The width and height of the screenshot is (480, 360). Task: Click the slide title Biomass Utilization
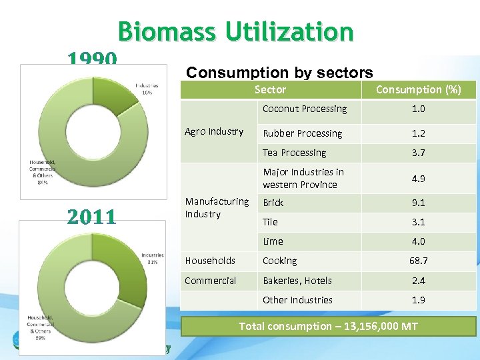(235, 31)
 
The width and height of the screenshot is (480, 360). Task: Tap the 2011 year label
(92, 216)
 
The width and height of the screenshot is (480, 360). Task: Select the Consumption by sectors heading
(279, 72)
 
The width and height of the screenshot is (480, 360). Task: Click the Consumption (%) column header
(418, 89)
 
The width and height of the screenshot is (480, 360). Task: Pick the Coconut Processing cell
(305, 109)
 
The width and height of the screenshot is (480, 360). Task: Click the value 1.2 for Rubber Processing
(418, 133)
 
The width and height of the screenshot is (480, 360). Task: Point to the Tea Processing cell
(294, 153)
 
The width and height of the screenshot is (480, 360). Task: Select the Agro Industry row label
(213, 131)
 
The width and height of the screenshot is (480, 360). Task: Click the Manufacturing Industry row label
(217, 207)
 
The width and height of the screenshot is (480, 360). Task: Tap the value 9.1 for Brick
(418, 203)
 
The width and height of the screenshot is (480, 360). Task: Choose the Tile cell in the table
(270, 222)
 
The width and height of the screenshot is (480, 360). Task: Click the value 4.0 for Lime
(418, 241)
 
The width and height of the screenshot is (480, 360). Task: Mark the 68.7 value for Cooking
(418, 261)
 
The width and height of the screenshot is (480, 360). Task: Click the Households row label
(210, 261)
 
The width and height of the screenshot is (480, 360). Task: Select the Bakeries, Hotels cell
(297, 281)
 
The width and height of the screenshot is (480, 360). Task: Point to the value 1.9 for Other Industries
(418, 300)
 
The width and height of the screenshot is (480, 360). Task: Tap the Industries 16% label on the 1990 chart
(146, 89)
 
